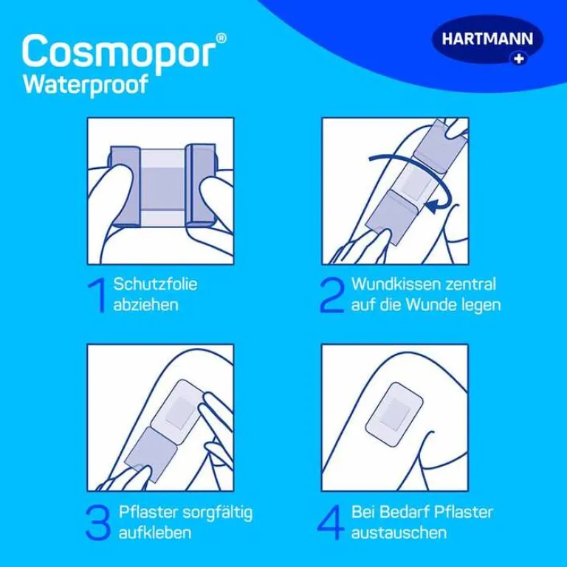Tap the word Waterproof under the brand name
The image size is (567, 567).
coord(86,85)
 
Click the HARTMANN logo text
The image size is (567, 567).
coord(487,39)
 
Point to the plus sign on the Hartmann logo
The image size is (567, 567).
coord(519,58)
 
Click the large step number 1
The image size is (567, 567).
coord(97,295)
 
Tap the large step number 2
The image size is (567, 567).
coord(331,295)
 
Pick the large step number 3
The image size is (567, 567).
coord(97,523)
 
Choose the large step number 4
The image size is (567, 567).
coord(331,523)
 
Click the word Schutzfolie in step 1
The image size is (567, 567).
coord(155,284)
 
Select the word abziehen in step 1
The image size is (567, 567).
coord(145,305)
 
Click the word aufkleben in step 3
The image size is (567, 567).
coord(154,532)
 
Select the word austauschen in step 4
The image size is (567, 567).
coord(399,533)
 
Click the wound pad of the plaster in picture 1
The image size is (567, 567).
coord(162,189)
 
